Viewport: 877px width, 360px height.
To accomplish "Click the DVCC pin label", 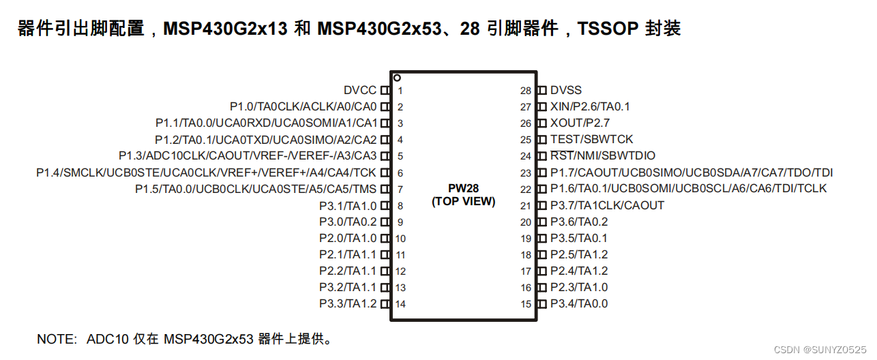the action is point(360,91).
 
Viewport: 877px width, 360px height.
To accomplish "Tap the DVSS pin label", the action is point(566,91).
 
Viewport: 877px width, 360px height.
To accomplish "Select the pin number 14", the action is point(401,304).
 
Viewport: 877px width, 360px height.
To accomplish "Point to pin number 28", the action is point(525,91).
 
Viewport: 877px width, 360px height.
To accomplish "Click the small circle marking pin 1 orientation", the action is point(397,78).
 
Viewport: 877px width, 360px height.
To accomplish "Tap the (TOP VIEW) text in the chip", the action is point(463,202).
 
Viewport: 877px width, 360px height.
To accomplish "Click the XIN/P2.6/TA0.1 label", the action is point(590,107).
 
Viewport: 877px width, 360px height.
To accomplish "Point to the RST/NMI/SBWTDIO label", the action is point(603,156).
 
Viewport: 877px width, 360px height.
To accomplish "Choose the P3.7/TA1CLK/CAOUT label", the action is point(607,205).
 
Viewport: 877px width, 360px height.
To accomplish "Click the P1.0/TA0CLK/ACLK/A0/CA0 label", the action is point(303,107).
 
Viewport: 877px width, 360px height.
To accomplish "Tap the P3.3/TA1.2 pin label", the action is point(348,304).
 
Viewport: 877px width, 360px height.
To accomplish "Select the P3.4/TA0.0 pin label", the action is point(579,304).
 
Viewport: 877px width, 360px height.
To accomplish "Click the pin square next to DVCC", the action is point(385,91).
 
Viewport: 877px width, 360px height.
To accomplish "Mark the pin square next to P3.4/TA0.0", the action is point(542,304).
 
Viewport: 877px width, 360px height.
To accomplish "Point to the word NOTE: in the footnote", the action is point(58,339).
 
